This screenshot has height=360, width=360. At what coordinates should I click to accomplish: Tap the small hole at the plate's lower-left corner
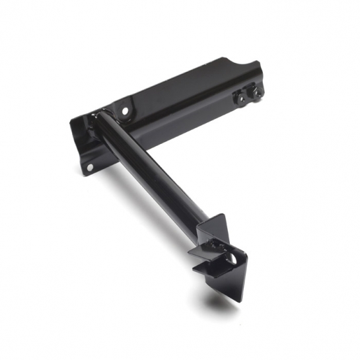tap(90, 167)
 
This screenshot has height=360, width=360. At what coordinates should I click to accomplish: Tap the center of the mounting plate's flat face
tap(178, 106)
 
